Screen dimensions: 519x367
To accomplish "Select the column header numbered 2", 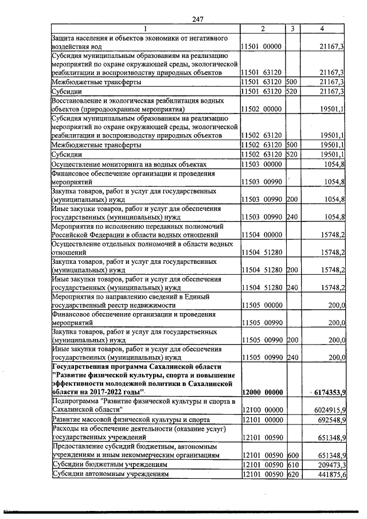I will (x=262, y=29).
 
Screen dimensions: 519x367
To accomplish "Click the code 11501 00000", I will (x=261, y=46).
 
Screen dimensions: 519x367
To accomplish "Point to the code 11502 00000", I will (x=261, y=108).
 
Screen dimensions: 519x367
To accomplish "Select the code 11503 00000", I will (x=261, y=165).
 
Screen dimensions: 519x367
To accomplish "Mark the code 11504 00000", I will (x=261, y=235).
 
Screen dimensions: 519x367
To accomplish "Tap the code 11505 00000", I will (x=261, y=306).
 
